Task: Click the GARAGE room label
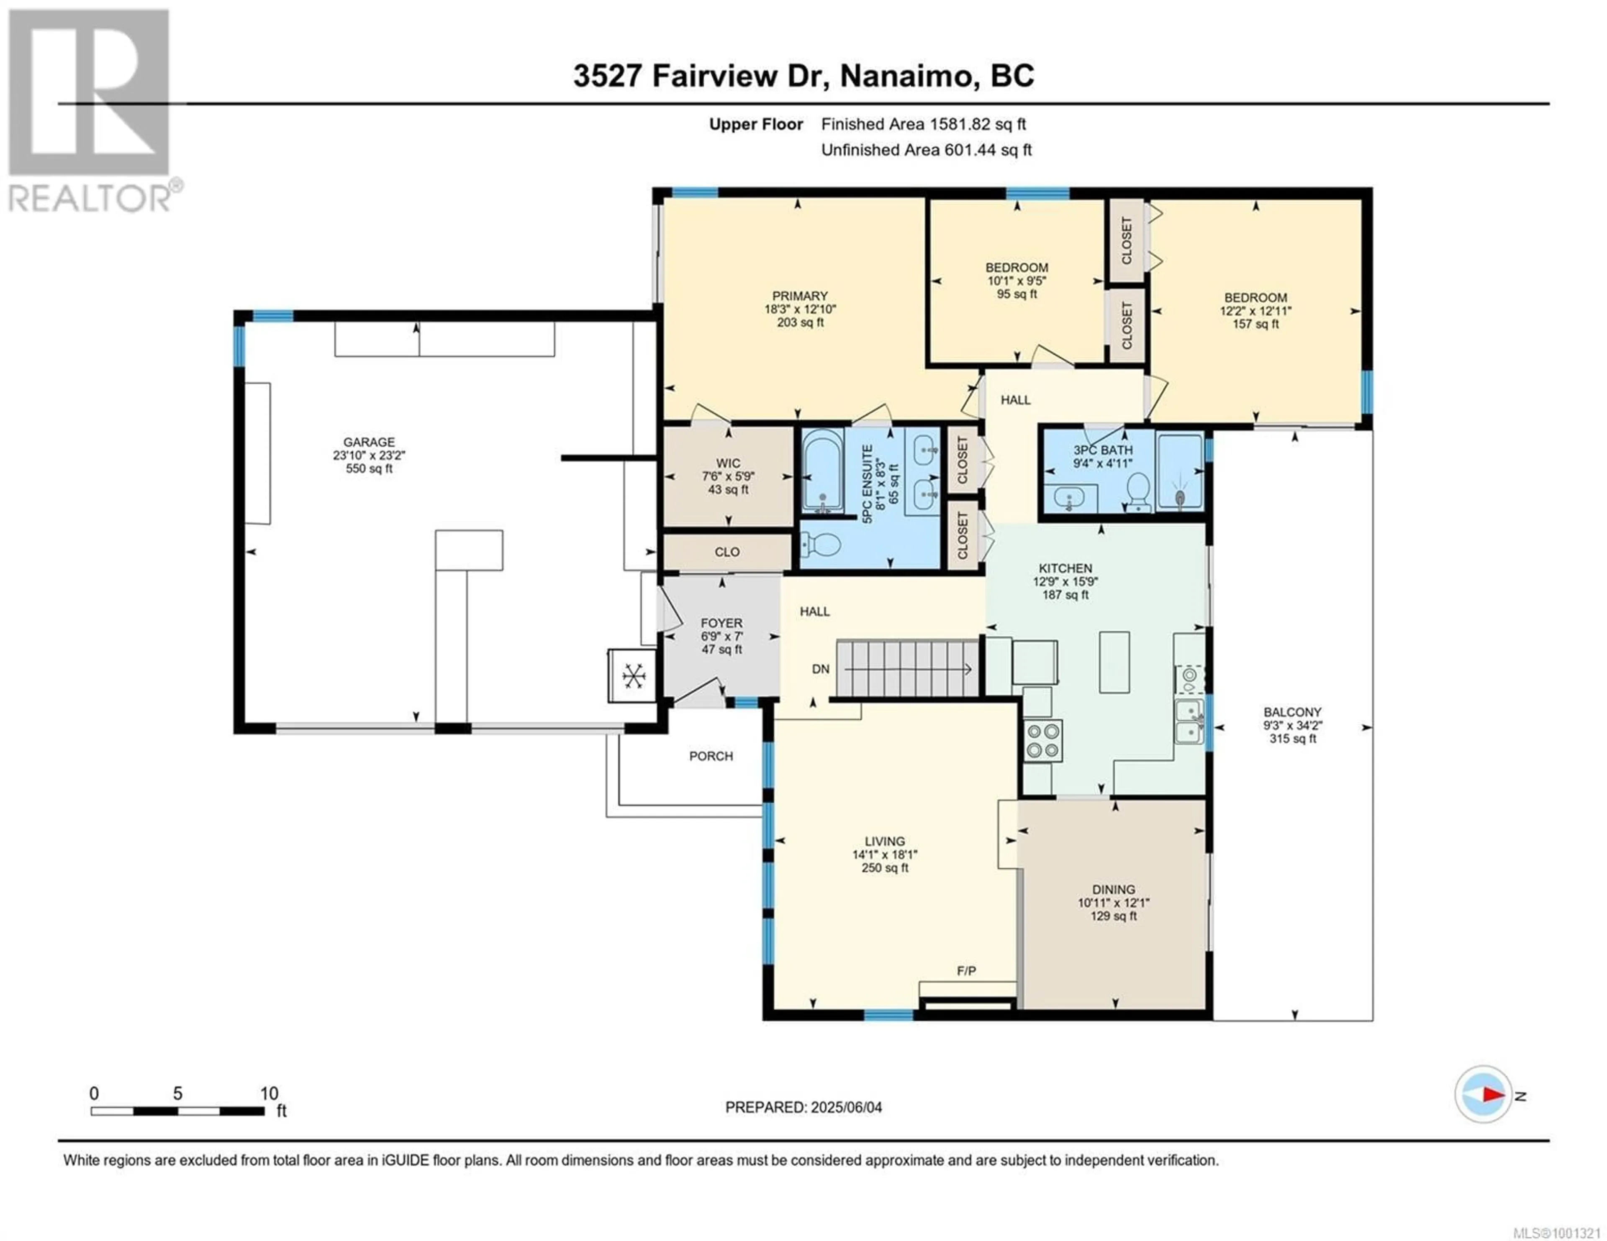(369, 442)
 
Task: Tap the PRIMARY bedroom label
(800, 296)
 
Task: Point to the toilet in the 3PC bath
(1138, 491)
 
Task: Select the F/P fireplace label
(966, 971)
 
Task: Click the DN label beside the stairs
(820, 669)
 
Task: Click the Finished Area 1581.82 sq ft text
(924, 124)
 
